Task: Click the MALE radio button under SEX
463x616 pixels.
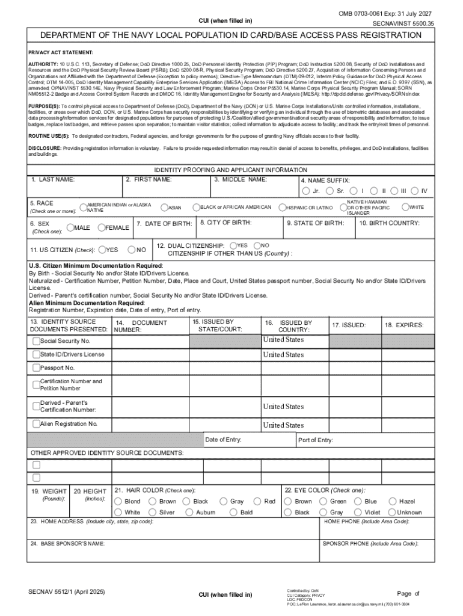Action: [70, 227]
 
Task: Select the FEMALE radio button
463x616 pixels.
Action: [101, 227]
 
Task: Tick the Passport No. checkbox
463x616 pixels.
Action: [36, 368]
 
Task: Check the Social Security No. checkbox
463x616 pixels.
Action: [36, 341]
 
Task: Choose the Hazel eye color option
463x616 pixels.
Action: [393, 501]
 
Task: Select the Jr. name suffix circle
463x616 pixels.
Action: [306, 191]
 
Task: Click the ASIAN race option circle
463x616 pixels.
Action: [164, 208]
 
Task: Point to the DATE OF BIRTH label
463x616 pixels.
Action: [164, 224]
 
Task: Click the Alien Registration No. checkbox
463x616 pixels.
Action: [36, 424]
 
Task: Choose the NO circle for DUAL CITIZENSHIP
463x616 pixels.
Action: [257, 245]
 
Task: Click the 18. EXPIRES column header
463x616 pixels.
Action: [404, 325]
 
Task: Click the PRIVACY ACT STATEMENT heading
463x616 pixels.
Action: [61, 53]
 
